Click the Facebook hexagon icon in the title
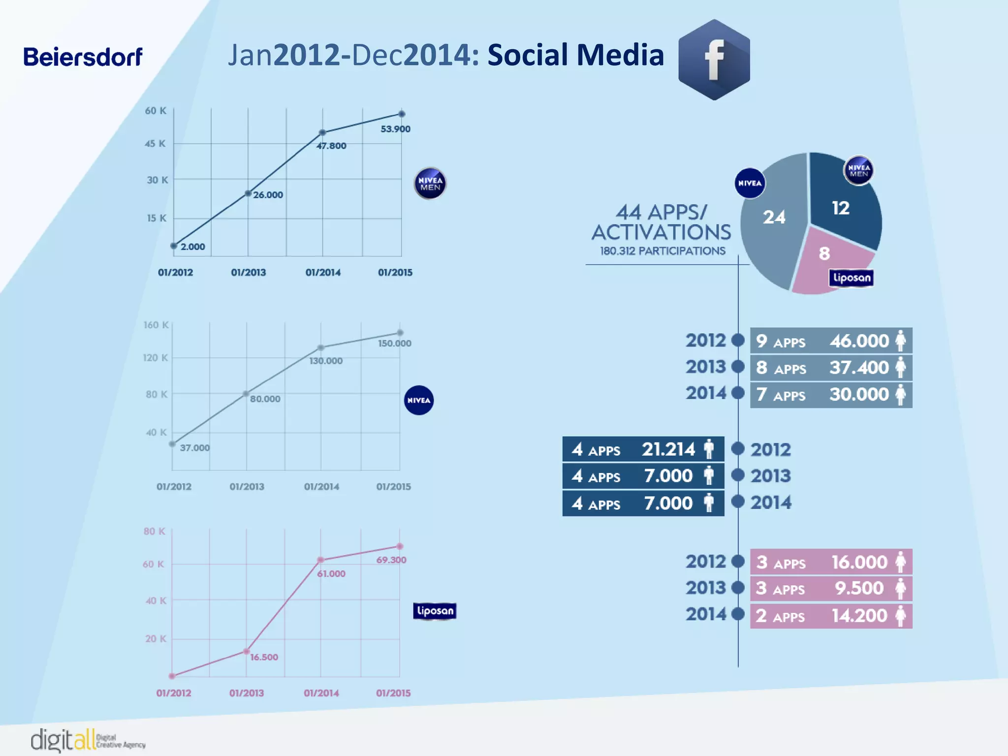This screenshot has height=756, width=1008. tap(714, 60)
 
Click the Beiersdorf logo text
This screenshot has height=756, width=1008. tap(83, 57)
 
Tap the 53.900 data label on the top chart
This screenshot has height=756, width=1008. tap(395, 129)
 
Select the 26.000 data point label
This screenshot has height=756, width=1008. tap(268, 195)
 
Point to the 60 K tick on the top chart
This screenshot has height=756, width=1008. tap(156, 111)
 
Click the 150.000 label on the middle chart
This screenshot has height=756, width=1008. tap(394, 344)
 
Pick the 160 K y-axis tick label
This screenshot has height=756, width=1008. tap(156, 325)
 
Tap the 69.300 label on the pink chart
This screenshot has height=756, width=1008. tap(391, 560)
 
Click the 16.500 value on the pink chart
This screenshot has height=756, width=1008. tap(264, 657)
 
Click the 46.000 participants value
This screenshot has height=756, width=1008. tap(859, 341)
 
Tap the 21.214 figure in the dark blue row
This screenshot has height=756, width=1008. tap(668, 449)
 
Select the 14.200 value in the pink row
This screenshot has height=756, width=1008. tap(859, 616)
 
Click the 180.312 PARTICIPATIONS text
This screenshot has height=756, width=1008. tap(662, 251)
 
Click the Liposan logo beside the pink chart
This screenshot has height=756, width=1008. tap(435, 611)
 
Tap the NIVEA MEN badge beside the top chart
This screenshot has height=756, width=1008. tap(430, 184)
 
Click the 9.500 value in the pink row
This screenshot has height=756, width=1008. tap(859, 588)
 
